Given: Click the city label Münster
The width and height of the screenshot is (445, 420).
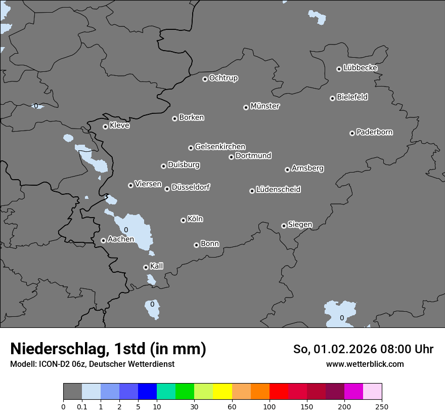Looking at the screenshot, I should [265, 106].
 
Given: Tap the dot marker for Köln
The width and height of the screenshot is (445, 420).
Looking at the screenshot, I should [183, 220].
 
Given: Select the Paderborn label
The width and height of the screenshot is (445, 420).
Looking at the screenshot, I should [375, 132].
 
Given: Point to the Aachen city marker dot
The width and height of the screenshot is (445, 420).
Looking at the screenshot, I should [103, 240].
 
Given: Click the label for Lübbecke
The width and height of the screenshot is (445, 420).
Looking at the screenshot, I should [361, 68].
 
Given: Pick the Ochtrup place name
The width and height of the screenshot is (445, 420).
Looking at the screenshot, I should [224, 78].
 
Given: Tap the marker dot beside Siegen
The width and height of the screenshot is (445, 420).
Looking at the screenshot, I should [284, 226].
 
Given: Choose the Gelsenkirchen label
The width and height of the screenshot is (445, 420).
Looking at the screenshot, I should [220, 147].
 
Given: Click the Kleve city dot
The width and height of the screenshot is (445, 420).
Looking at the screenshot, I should [105, 127].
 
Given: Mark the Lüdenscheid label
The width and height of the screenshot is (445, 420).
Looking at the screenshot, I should [278, 190].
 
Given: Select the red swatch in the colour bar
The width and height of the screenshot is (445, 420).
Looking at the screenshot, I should [279, 392].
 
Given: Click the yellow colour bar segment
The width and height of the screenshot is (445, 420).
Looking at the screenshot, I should [223, 392].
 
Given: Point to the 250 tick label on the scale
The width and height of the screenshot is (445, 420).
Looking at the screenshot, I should [382, 406].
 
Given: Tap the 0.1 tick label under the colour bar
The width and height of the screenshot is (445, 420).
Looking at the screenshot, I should [82, 406].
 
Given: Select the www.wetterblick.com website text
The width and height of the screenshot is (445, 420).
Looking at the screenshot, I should [365, 364].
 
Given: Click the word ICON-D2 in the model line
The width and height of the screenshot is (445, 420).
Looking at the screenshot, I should [56, 364].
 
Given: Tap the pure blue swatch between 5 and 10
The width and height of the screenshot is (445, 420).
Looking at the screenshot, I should [148, 392].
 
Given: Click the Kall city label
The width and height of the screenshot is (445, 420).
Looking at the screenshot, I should [157, 266].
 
